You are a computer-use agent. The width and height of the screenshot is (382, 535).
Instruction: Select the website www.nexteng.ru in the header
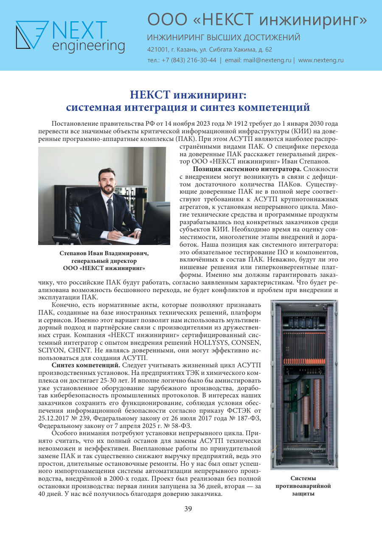click(x=321, y=60)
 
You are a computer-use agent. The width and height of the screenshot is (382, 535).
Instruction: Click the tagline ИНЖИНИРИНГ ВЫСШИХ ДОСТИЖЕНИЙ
click(x=224, y=37)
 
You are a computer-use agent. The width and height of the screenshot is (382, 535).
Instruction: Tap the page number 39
click(x=188, y=509)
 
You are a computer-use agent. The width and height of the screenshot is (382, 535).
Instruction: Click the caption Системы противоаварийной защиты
click(x=303, y=486)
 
